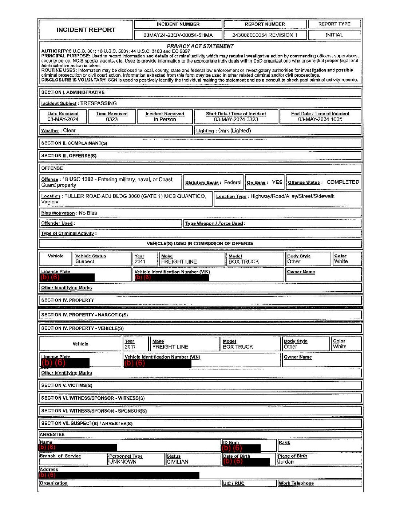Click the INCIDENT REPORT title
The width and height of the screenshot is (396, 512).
point(86,30)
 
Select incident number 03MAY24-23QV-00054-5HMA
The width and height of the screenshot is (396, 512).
point(178,35)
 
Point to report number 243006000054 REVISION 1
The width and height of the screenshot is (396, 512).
point(265,35)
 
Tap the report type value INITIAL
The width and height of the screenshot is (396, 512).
point(334,35)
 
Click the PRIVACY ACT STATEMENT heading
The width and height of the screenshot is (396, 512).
point(200,46)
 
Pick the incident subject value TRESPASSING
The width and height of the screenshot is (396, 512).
point(99,103)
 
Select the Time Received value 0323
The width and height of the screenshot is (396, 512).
point(112,119)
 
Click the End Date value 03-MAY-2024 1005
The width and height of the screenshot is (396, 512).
point(320,119)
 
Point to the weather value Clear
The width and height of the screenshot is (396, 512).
point(69,131)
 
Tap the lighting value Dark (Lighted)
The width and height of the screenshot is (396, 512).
point(234,131)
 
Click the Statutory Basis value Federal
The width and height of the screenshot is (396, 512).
point(233,183)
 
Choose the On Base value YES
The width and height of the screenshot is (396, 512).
point(277,183)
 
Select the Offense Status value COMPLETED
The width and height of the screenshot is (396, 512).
point(342,182)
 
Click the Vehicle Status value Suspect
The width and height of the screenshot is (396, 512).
point(85,261)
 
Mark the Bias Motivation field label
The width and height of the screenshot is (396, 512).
point(58,213)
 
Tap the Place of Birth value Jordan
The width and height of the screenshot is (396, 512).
point(286,462)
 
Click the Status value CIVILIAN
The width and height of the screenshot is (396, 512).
point(178,462)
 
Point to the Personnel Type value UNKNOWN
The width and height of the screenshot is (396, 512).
point(123,462)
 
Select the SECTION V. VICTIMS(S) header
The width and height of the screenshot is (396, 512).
point(67,385)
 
